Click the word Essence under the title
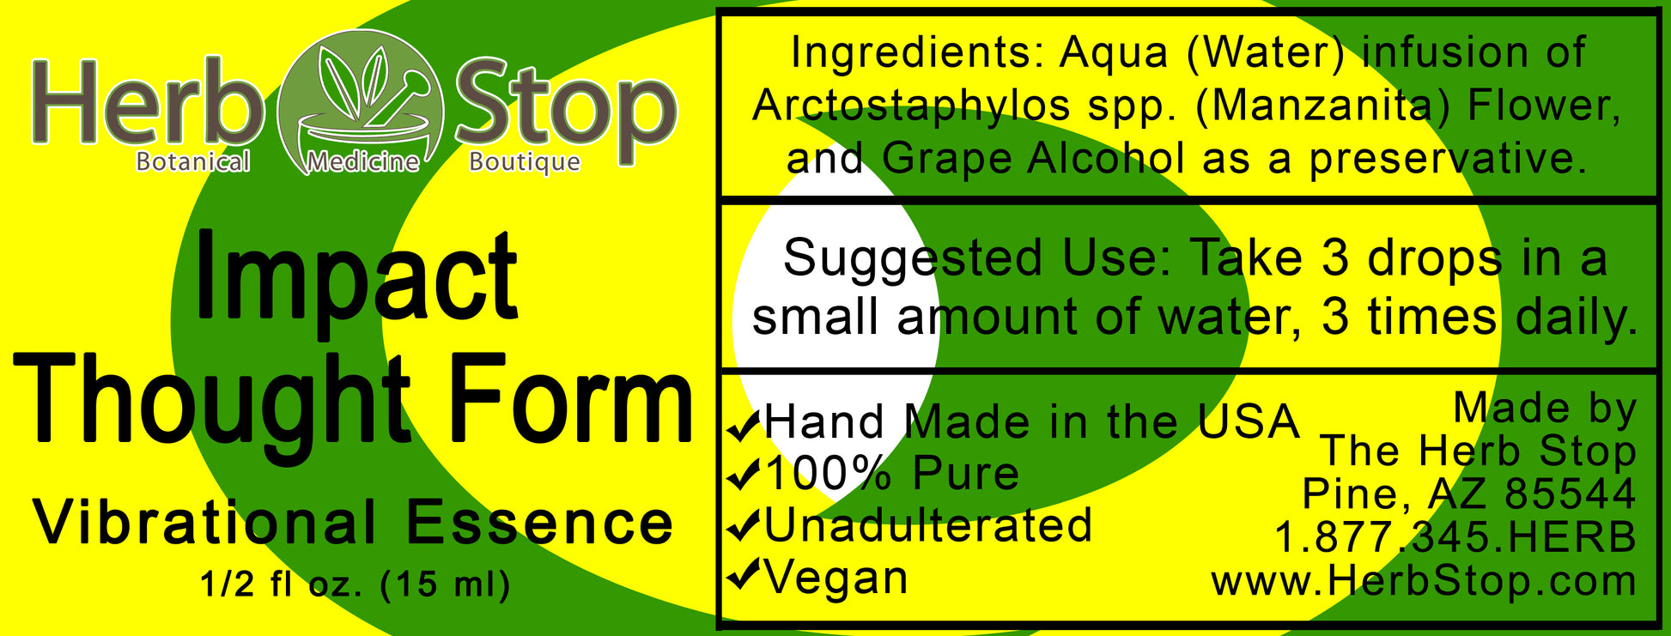[539, 523]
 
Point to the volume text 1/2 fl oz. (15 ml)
[355, 585]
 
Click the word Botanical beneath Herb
[193, 161]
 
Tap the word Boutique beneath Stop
[525, 161]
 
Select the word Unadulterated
[928, 525]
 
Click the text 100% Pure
[891, 474]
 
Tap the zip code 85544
[1571, 494]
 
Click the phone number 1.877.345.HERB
[1455, 538]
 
